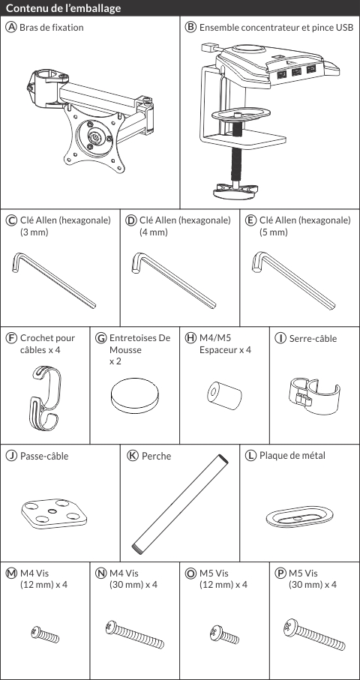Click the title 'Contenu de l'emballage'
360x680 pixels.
point(63,8)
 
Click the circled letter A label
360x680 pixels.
point(11,27)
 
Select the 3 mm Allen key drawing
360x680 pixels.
point(54,281)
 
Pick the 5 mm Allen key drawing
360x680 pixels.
point(294,281)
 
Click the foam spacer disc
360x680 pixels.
point(134,397)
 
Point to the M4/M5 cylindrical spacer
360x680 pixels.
point(224,395)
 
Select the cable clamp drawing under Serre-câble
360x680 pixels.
point(313,394)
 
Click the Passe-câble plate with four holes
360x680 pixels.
point(54,514)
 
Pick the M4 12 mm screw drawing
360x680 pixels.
point(45,634)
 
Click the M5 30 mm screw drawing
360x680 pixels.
point(314,635)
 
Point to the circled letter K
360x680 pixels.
point(133,456)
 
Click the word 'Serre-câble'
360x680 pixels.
point(313,339)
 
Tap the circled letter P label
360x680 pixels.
point(280,574)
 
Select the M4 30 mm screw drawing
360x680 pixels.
point(135,634)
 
